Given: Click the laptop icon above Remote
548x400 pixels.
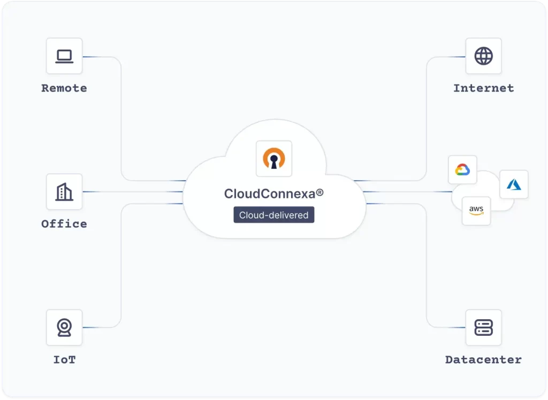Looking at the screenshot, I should click(64, 56).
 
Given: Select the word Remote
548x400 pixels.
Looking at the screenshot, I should click(64, 88).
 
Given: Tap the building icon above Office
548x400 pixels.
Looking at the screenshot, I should click(64, 191).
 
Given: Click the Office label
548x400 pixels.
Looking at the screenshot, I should click(64, 224).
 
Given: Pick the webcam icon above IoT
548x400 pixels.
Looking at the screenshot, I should click(64, 327).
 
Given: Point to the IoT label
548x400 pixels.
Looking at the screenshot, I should click(64, 360).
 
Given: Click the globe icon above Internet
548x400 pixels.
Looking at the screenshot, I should click(483, 56).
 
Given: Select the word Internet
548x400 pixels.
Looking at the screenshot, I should click(483, 88).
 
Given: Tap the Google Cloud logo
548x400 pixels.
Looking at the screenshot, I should click(462, 170).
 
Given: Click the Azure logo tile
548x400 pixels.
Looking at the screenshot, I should click(514, 184).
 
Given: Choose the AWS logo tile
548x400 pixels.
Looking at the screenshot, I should click(476, 211).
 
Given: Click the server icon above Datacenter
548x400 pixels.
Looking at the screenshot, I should click(483, 327).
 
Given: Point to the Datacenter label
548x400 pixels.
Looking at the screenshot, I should click(483, 360).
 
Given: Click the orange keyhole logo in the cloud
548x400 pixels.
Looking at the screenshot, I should click(274, 158).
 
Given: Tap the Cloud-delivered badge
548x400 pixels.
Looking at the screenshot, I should click(274, 215).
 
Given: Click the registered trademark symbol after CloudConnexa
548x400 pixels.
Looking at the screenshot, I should click(319, 192).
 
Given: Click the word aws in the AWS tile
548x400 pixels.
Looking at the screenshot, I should click(476, 209).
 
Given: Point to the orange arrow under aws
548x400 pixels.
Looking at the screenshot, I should click(476, 214).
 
